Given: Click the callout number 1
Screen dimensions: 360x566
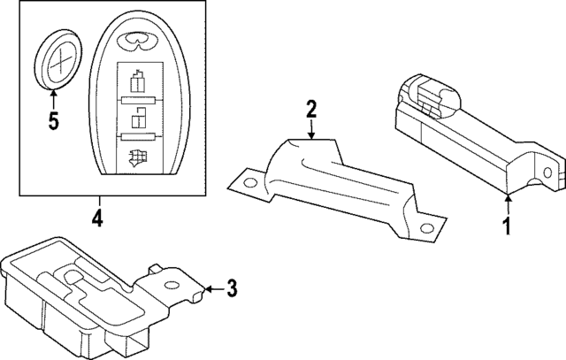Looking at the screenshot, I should tap(508, 226).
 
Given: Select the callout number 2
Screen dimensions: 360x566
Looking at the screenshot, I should tap(310, 109).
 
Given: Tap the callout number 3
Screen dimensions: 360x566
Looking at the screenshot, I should tap(232, 287).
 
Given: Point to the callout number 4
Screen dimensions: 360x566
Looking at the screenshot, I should tap(98, 217).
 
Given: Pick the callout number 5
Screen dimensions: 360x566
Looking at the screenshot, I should tap(53, 121).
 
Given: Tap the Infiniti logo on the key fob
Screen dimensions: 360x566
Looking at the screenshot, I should tap(137, 39).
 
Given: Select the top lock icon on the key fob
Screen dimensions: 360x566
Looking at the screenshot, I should tap(137, 83).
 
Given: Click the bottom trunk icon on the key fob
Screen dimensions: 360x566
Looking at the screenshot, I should tap(137, 159).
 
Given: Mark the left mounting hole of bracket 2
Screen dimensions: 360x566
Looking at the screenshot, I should tap(249, 185).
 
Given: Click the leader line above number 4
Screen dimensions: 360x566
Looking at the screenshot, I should tap(98, 201).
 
